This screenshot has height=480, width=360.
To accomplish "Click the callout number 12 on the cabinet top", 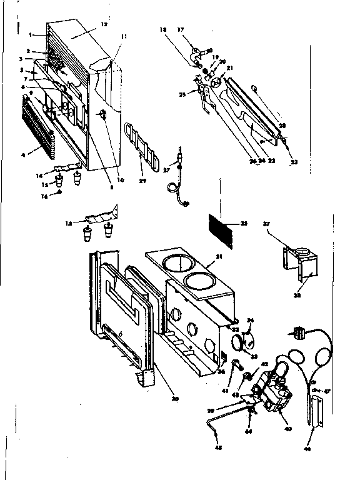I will [104, 24].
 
